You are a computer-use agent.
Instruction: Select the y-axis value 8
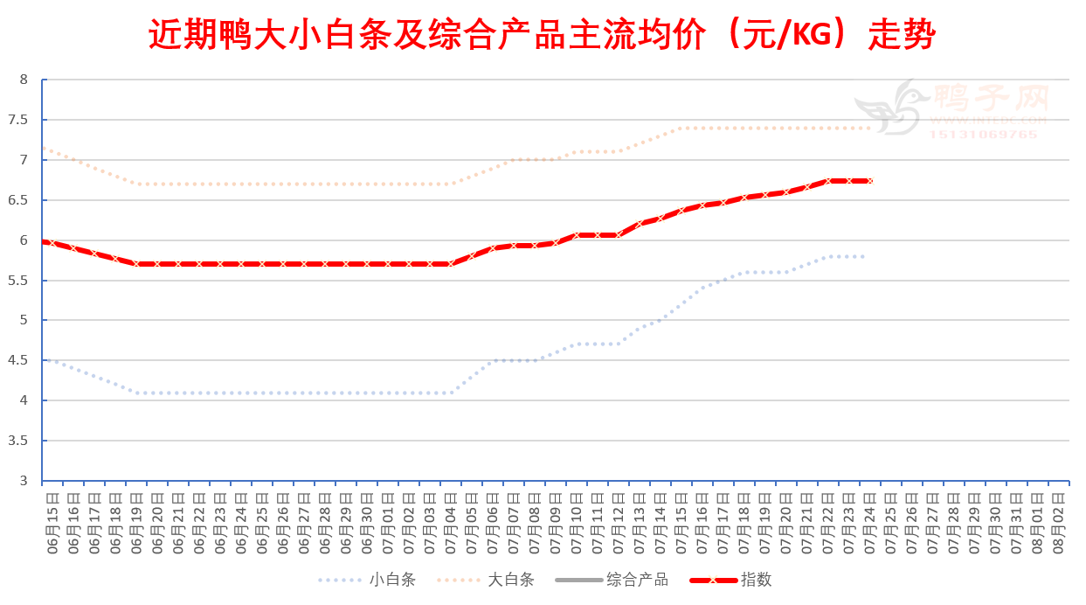tap(24, 80)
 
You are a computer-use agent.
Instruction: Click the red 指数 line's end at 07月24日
tap(870, 181)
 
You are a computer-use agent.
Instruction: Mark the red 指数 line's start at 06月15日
tap(45, 241)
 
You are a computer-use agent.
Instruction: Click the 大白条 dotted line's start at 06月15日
tap(45, 149)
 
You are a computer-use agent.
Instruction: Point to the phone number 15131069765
tap(983, 135)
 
